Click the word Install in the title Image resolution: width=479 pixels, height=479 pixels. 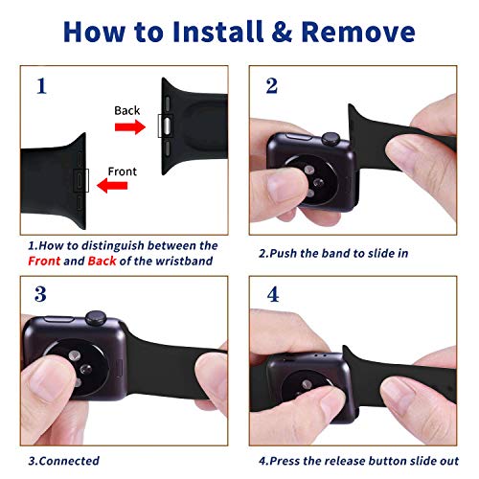click(x=218, y=32)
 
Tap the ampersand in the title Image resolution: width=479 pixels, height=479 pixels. click(x=282, y=32)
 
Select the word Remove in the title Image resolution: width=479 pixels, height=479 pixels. click(x=358, y=32)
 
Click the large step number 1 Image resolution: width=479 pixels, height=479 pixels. click(x=41, y=86)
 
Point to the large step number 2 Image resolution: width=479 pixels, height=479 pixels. click(x=272, y=86)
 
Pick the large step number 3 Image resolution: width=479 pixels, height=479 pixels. click(x=40, y=294)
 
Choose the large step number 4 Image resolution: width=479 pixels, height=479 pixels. click(x=273, y=294)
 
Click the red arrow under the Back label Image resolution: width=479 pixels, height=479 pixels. click(x=130, y=126)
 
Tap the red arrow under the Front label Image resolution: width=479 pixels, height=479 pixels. click(x=112, y=186)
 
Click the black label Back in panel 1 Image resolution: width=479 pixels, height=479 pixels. click(x=126, y=110)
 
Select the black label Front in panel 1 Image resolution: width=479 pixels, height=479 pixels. click(x=122, y=171)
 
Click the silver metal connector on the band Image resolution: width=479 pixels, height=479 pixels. click(x=167, y=126)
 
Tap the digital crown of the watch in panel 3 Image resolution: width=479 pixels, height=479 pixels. click(x=96, y=318)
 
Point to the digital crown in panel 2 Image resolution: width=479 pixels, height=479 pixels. click(x=331, y=139)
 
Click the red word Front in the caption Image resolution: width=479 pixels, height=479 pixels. click(x=44, y=261)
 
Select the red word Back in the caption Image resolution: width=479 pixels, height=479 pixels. click(x=102, y=261)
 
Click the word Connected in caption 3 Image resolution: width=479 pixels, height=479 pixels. click(x=70, y=461)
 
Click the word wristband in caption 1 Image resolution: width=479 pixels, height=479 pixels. click(x=184, y=261)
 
